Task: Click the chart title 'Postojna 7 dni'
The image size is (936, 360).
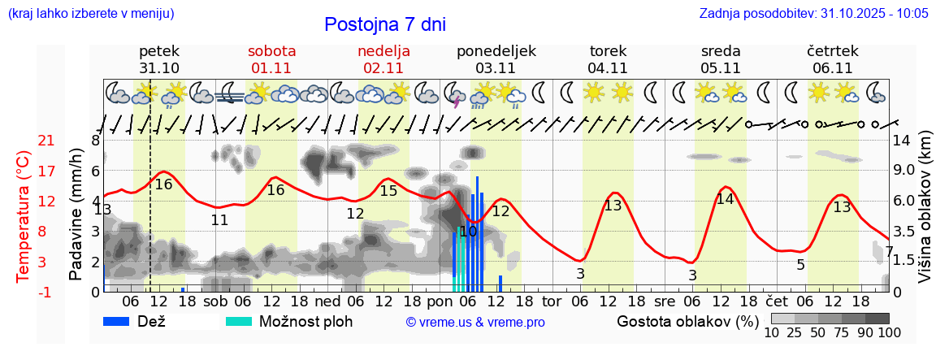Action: tap(384, 24)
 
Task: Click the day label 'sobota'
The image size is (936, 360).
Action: tap(273, 51)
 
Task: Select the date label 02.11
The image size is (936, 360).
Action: tap(383, 68)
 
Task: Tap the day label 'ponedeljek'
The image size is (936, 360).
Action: tap(496, 51)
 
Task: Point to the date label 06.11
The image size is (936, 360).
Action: tap(832, 68)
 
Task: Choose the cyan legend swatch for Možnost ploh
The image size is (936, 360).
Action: tap(239, 321)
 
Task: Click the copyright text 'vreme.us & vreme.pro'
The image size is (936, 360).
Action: tap(475, 323)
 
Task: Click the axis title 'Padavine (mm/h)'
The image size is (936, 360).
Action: tap(76, 215)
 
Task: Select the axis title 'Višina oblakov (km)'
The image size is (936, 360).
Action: tap(925, 215)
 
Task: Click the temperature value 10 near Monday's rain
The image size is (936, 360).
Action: tap(468, 232)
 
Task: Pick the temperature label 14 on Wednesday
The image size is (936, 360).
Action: tap(725, 199)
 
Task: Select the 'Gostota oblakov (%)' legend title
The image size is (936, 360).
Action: tap(687, 321)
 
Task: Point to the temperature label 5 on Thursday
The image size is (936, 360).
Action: tap(800, 265)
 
